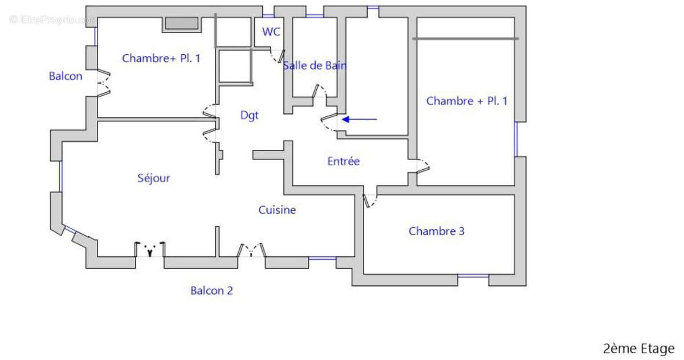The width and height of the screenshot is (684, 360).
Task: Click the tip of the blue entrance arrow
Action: tap(342, 119)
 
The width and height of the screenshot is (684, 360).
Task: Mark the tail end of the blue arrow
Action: tap(377, 119)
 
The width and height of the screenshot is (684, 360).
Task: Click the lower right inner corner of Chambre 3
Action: tap(515, 274)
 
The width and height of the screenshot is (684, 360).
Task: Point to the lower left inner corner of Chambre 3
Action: tap(364, 274)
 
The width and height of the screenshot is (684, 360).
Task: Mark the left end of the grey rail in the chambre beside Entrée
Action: tap(413, 39)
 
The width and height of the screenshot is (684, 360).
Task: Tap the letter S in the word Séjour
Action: tap(140, 178)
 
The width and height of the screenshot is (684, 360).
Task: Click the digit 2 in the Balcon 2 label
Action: tap(230, 291)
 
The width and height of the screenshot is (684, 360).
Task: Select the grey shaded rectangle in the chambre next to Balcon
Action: tap(182, 23)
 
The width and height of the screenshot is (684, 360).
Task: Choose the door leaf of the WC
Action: tap(281, 56)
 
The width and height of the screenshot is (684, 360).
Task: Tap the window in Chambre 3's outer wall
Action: tap(473, 276)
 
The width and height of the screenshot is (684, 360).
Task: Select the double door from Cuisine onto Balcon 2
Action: tap(251, 250)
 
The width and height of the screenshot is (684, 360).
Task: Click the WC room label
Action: tap(271, 32)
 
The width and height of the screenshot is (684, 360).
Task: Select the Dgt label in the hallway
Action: tap(249, 115)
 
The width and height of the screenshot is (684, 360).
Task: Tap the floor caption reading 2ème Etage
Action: tap(639, 349)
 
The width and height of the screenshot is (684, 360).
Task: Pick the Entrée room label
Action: tap(344, 161)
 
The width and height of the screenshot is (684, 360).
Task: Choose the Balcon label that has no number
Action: tap(66, 76)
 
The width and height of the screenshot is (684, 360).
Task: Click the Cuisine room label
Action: tap(277, 210)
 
